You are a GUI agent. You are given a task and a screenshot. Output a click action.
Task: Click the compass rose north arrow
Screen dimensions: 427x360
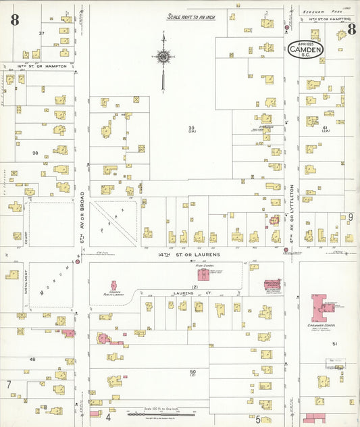point(163,59)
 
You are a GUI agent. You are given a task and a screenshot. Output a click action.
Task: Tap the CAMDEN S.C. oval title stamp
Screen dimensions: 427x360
point(306,49)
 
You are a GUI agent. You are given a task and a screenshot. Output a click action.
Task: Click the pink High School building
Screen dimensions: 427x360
point(203,274)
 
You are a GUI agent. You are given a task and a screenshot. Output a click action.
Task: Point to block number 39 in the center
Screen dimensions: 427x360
point(192,128)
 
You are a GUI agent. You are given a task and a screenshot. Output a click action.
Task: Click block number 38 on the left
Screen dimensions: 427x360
point(35,153)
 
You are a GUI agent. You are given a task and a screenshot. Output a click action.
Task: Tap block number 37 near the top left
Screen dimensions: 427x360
point(41,33)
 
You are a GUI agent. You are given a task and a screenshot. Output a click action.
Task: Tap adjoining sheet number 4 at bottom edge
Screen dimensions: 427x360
point(108,417)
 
